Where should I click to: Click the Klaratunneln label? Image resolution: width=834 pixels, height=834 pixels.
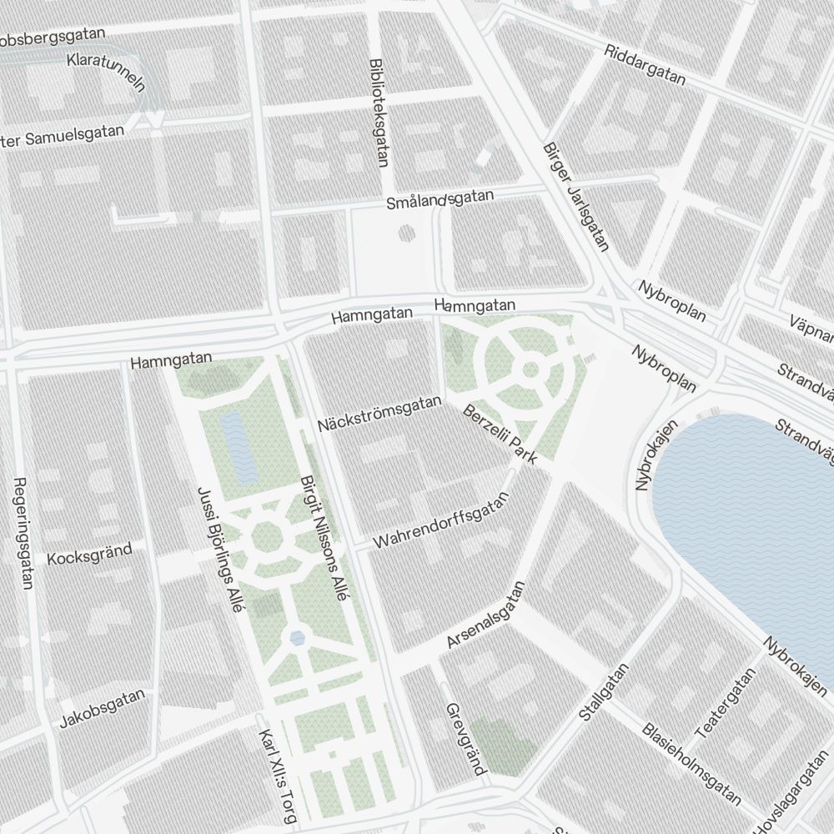[107, 73]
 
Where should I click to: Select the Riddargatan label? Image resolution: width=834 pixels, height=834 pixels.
[646, 64]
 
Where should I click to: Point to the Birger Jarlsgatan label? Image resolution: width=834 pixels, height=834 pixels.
[576, 196]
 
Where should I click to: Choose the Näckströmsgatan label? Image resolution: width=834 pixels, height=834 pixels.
[379, 414]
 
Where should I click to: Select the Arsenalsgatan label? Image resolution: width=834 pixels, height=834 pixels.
[488, 615]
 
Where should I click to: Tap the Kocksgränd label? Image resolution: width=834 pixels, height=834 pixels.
[90, 554]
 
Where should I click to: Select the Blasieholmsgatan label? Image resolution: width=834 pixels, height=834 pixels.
[691, 764]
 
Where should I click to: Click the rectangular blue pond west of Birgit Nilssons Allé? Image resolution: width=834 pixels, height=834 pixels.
[239, 448]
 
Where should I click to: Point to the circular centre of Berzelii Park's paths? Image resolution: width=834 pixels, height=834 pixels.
[530, 369]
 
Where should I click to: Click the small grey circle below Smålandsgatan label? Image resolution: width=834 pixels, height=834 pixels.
[406, 232]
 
